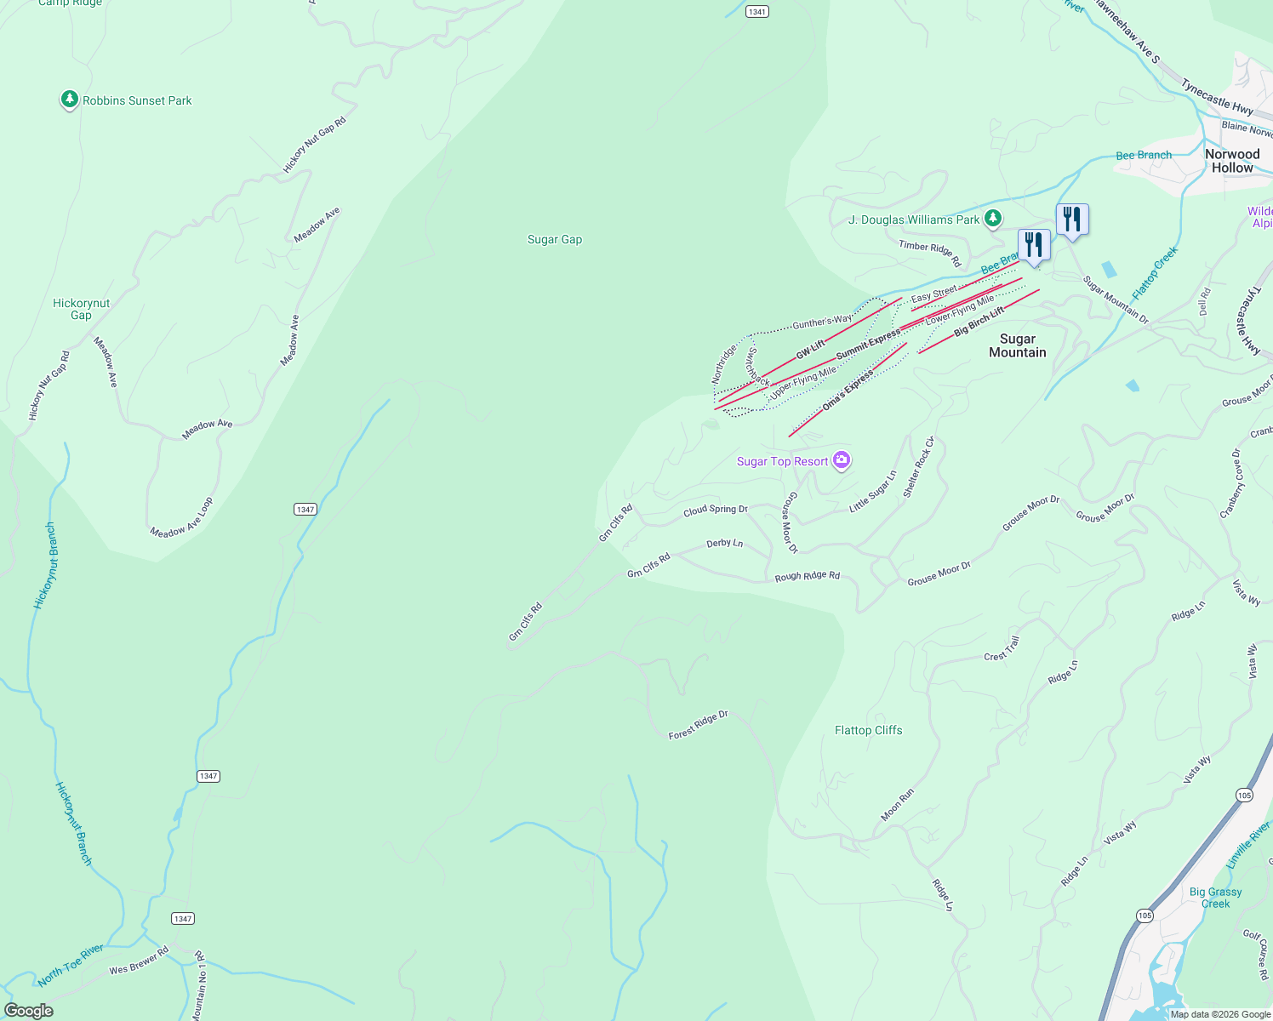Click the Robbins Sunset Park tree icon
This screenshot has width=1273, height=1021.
pyautogui.click(x=70, y=100)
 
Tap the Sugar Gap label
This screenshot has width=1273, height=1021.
pyautogui.click(x=555, y=240)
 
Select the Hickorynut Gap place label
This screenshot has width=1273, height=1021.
pyautogui.click(x=81, y=309)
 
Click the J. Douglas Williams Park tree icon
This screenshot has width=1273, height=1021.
pyautogui.click(x=992, y=219)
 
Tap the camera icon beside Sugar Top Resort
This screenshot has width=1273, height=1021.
pyautogui.click(x=842, y=460)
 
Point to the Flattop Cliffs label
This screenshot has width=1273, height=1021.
pyautogui.click(x=868, y=730)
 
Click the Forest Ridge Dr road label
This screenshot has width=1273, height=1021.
pyautogui.click(x=698, y=725)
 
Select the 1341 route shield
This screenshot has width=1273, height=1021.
pyautogui.click(x=756, y=12)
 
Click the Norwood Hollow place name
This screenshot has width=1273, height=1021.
pyautogui.click(x=1232, y=161)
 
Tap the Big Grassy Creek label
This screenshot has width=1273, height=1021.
pyautogui.click(x=1215, y=898)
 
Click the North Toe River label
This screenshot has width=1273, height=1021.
pyautogui.click(x=71, y=965)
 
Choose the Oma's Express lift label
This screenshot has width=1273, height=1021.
pyautogui.click(x=848, y=391)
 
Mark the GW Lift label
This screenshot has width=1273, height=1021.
pyautogui.click(x=810, y=348)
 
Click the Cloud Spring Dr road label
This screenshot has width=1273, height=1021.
pyautogui.click(x=715, y=510)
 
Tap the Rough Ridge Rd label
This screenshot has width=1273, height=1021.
pyautogui.click(x=807, y=576)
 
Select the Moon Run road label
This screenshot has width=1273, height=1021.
pyautogui.click(x=897, y=805)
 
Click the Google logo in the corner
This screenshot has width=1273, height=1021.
pyautogui.click(x=29, y=1010)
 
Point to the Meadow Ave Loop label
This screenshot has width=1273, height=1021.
pyautogui.click(x=181, y=518)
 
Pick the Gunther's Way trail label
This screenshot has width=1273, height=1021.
pyautogui.click(x=821, y=322)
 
